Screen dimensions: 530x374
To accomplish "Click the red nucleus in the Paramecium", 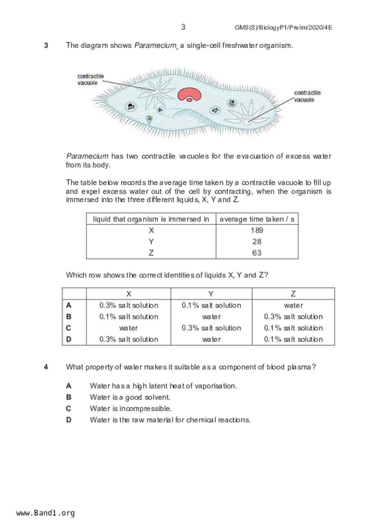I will (x=189, y=94).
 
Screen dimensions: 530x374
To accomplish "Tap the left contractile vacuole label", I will (x=90, y=79).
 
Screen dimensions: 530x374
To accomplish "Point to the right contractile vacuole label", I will (x=307, y=96).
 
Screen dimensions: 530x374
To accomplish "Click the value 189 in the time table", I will (x=257, y=231).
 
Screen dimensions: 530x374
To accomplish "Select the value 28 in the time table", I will (x=257, y=242).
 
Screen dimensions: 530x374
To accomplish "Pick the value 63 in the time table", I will (x=257, y=253).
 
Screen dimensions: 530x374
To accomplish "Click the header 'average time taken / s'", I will (x=257, y=219).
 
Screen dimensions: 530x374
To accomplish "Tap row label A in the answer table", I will (x=69, y=305).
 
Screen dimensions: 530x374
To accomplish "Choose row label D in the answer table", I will (x=69, y=339).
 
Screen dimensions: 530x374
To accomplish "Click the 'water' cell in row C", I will (x=129, y=328).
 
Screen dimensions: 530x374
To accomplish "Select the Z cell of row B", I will (x=293, y=317).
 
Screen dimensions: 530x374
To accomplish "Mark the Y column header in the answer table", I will (x=211, y=294).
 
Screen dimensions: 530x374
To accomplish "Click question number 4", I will (x=46, y=367).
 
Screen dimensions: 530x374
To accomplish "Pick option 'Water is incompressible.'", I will (x=130, y=409).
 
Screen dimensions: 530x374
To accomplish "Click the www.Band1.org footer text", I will (x=46, y=513).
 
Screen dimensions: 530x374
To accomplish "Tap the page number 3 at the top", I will (x=183, y=27).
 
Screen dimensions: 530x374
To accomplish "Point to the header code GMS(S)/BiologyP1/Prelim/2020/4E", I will (x=283, y=28).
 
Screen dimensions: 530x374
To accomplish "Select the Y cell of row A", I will (x=211, y=305).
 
